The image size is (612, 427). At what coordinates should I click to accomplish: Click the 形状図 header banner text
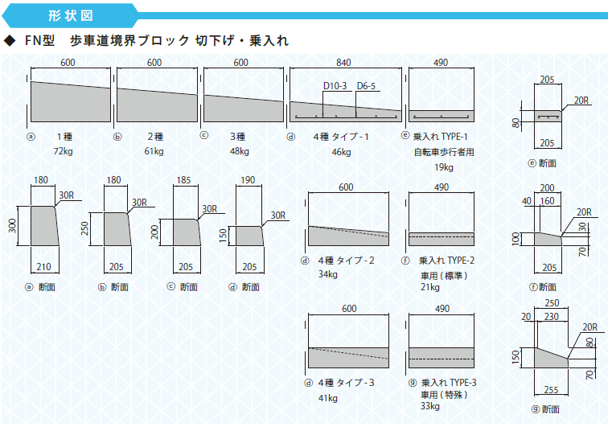point(71,15)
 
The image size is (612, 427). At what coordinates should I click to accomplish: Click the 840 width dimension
point(343,63)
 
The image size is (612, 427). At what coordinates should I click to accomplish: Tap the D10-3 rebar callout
point(335,86)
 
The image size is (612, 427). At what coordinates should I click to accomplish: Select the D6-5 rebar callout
point(366,86)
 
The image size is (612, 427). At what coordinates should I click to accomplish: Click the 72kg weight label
point(64,151)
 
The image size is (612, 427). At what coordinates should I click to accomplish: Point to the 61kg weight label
point(154,151)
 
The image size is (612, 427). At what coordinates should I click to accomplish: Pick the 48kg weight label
point(240,151)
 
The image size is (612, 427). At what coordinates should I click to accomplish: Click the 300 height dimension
point(13,226)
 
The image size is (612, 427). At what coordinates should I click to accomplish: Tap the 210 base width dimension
point(43,267)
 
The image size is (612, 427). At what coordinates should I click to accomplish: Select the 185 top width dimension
point(183,180)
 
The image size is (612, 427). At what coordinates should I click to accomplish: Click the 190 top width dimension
point(248,180)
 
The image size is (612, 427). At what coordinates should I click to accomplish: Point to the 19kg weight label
point(444,167)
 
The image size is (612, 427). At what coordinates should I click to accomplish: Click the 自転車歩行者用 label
point(444,152)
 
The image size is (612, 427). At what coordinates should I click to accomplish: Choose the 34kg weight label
point(328,274)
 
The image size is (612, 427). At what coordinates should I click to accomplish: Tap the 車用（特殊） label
point(444,395)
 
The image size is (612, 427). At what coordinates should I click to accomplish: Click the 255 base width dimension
point(551,390)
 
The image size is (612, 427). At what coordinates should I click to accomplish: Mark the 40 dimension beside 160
point(527,201)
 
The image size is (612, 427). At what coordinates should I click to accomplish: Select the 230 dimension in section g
point(551,317)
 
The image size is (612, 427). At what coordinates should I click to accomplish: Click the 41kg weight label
point(328,399)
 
